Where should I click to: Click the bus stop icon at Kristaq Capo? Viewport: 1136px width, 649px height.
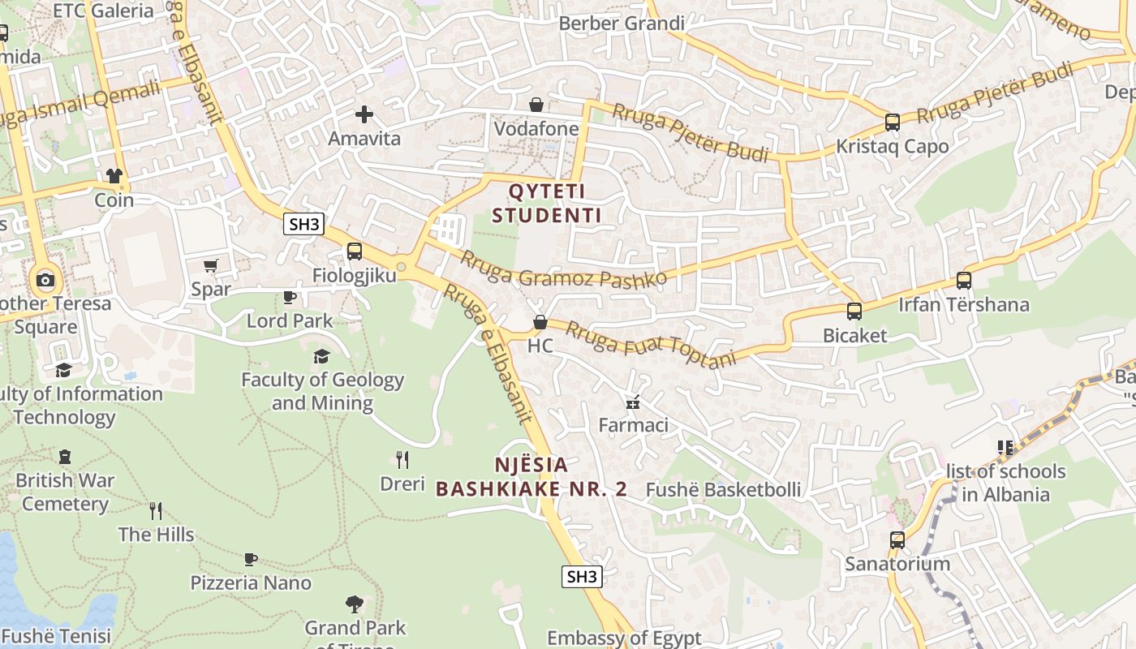click(x=892, y=122)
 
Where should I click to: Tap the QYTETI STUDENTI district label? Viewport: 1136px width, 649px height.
click(x=546, y=204)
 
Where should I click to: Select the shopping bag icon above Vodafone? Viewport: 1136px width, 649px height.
click(x=536, y=105)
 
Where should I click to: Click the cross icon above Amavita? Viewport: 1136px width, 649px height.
click(x=364, y=114)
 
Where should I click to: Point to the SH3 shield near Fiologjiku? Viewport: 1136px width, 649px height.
click(x=303, y=225)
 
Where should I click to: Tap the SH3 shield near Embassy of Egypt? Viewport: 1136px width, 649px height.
click(x=582, y=577)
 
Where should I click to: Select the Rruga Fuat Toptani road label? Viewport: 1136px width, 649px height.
click(x=650, y=344)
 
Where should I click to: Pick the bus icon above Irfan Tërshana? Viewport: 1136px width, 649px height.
click(x=963, y=281)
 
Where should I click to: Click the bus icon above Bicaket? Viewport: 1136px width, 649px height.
click(x=854, y=312)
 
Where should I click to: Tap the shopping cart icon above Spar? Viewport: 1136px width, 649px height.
click(x=211, y=265)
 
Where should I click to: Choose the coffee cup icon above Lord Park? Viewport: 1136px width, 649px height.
click(x=290, y=297)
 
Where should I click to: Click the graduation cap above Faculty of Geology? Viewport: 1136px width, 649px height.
click(x=322, y=356)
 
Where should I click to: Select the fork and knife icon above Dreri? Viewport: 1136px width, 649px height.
click(x=402, y=460)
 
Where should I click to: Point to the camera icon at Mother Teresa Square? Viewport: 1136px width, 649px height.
click(x=45, y=281)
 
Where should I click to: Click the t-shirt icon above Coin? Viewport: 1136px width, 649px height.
click(x=114, y=176)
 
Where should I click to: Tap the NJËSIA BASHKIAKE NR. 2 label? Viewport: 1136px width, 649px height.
click(x=531, y=477)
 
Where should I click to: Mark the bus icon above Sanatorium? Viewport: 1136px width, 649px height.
click(x=897, y=539)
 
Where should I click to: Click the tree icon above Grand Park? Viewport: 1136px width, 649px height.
click(x=355, y=604)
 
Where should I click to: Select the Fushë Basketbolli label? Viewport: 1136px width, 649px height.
click(x=723, y=489)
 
